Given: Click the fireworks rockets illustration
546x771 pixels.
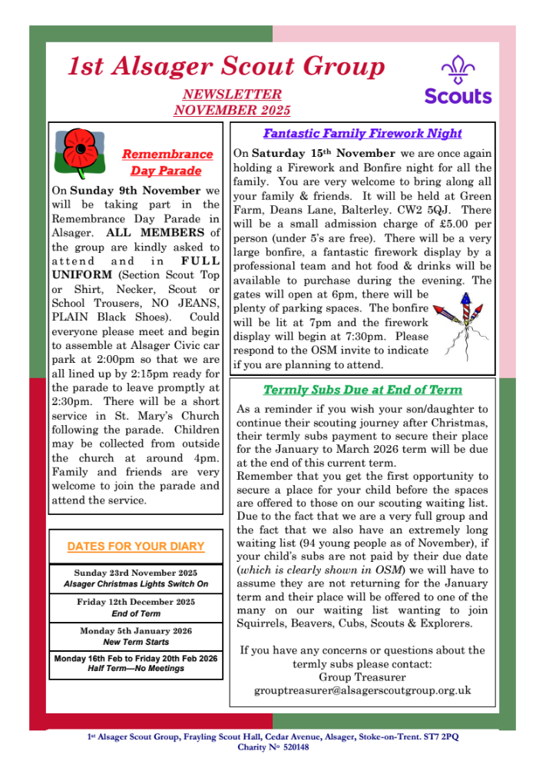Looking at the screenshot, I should (460, 319).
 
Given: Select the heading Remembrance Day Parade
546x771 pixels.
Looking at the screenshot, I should (167, 162).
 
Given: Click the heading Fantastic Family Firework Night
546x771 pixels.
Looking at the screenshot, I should (362, 133).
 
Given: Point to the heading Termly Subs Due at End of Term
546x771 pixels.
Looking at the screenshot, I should (362, 390).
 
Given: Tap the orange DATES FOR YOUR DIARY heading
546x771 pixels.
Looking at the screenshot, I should (136, 547).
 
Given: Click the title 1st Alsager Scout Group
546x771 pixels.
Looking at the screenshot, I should (226, 67).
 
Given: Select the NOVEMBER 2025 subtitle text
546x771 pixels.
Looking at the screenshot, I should (232, 110).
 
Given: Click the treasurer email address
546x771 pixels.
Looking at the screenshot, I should (362, 690).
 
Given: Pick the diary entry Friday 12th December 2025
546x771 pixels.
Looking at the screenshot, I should (136, 602).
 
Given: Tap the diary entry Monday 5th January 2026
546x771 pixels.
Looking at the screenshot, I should (136, 630).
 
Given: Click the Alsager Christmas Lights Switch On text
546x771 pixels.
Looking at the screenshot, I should (136, 584).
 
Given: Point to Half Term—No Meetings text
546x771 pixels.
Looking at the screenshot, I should (136, 669).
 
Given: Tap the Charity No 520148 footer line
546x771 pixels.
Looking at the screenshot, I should (273, 747).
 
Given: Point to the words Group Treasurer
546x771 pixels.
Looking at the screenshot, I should (362, 676).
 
